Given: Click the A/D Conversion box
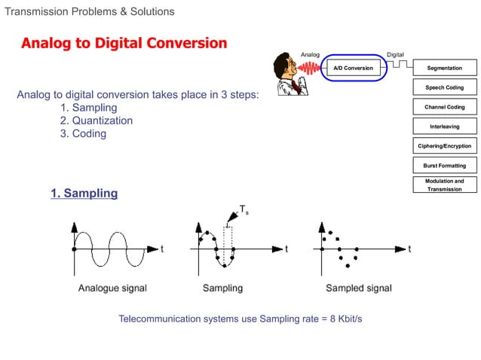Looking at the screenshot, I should tap(353, 69).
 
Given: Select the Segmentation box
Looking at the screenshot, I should tap(445, 69).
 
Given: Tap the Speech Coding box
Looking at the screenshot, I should tap(445, 87).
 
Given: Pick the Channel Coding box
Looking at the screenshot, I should tap(445, 107).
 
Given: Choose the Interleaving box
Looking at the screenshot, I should tap(445, 127).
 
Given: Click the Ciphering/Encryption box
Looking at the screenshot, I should tap(445, 146).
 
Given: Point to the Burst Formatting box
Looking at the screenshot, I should tap(445, 165).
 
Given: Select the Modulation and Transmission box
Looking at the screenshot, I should tap(445, 185).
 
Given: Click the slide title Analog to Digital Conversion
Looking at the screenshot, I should tap(124, 43).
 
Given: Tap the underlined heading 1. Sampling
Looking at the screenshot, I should tap(84, 194).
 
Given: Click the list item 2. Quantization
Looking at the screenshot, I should tap(96, 121).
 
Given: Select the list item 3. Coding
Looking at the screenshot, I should tap(83, 134).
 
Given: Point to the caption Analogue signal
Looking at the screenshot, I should tap(112, 288).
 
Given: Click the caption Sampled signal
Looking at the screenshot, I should tap(358, 288).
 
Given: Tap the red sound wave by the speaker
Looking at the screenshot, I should tap(309, 69).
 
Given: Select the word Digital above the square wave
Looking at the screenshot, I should tap(395, 54).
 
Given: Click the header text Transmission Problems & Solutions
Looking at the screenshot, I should tap(90, 11).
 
